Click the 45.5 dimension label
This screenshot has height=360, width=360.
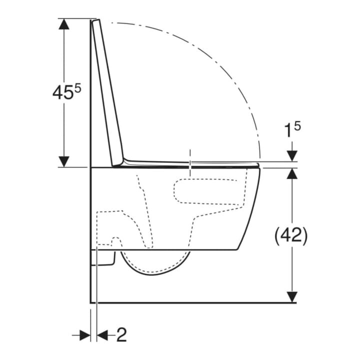click(x=67, y=92)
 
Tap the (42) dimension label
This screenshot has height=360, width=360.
click(x=291, y=236)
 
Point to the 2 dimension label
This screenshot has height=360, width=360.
click(x=121, y=334)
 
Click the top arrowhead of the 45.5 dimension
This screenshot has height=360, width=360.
click(x=64, y=23)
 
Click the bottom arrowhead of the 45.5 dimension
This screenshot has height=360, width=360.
click(x=64, y=161)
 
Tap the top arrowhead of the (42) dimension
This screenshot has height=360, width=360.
click(x=292, y=173)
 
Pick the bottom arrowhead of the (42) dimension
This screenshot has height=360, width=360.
click(x=292, y=297)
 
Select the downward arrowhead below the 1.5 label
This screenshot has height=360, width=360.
click(x=292, y=156)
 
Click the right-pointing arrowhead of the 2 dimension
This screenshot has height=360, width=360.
click(x=85, y=335)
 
